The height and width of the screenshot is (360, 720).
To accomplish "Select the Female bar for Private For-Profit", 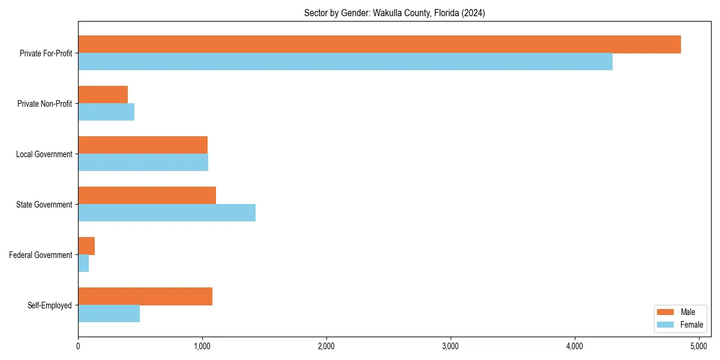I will coord(345,62).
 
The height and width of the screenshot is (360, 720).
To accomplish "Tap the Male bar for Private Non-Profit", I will coord(103,95).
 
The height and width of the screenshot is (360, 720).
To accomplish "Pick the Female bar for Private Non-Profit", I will coord(106,112).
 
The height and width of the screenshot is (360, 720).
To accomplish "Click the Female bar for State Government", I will coord(167,213).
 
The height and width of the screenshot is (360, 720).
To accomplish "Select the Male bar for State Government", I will coord(147,196).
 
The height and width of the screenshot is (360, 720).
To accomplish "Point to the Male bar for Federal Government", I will coord(86,246).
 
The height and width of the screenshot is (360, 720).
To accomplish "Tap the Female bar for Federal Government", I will coord(83,263).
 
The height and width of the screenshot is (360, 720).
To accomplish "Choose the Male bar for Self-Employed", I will coord(145,296).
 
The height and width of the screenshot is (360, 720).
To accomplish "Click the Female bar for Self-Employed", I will coord(109,314).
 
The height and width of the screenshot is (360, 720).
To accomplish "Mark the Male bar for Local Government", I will coord(143,145).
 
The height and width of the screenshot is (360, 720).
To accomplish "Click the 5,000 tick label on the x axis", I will coord(699,346).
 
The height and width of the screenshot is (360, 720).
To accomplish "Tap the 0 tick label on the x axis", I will coord(78,346).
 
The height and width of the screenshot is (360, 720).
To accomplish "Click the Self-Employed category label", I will coord(50,305).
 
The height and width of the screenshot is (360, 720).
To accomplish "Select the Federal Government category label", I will coord(41,255).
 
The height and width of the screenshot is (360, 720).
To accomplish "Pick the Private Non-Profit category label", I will coord(44,104).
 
